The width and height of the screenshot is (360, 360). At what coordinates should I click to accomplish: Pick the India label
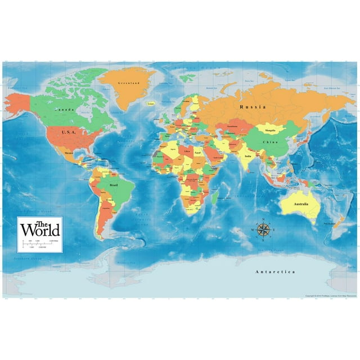coord(247,155)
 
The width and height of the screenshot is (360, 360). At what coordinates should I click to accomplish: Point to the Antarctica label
coord(275,272)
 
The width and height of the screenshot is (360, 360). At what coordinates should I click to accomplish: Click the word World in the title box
coord(40,230)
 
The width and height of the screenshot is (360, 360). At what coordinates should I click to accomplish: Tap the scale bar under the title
coord(40,242)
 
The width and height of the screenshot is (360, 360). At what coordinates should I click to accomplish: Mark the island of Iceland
coord(150,104)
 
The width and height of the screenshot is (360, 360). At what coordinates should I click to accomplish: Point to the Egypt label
coord(197,152)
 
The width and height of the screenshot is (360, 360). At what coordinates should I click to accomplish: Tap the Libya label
coord(183,151)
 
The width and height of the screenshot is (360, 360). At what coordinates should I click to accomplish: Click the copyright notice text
coord(330,296)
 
